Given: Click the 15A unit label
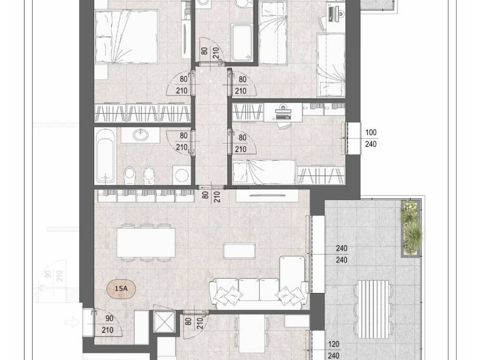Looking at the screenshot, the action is pyautogui.click(x=121, y=288).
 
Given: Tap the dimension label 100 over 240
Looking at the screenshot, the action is pyautogui.click(x=371, y=138).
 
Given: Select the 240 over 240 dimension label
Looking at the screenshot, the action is pyautogui.click(x=342, y=254).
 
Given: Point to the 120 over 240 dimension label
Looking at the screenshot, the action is pyautogui.click(x=333, y=350).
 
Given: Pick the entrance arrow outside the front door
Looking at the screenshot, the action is pyautogui.click(x=72, y=322).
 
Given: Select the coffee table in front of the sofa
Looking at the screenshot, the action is pyautogui.click(x=239, y=251).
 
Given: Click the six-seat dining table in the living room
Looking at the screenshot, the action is pyautogui.click(x=146, y=243).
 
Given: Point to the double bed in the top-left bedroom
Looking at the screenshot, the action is pyautogui.click(x=127, y=37).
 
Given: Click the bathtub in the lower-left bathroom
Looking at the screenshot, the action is pyautogui.click(x=105, y=156).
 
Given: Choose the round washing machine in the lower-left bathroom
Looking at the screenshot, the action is pyautogui.click(x=181, y=175).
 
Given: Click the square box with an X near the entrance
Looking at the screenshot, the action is pyautogui.click(x=164, y=322).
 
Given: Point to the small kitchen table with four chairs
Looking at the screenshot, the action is pyautogui.click(x=252, y=334).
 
